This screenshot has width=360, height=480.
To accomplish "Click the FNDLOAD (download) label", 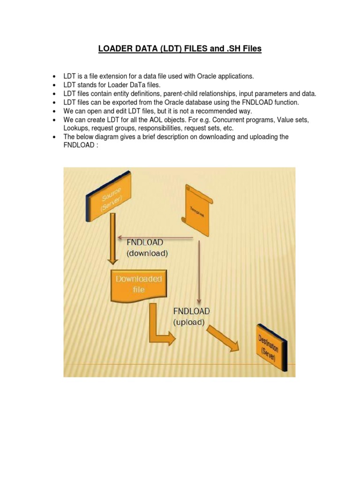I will [147, 247].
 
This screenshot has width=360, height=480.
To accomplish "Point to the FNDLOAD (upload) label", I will [192, 316].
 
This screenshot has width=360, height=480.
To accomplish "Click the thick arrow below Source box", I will [112, 244].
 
